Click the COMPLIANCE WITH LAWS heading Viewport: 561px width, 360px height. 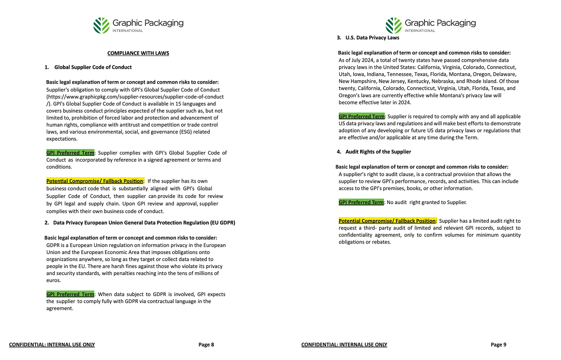pyautogui.click(x=138, y=53)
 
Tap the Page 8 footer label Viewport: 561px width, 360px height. pyautogui.click(x=206, y=345)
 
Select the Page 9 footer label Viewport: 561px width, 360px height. pyautogui.click(x=498, y=345)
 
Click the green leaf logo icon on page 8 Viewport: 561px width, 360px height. pyautogui.click(x=101, y=25)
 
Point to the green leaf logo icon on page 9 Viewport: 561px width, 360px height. pyautogui.click(x=393, y=25)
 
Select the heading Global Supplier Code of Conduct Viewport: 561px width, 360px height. pyautogui.click(x=93, y=67)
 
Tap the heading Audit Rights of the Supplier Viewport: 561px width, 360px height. pyautogui.click(x=378, y=152)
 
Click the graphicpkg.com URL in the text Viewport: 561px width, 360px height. pyautogui.click(x=135, y=96)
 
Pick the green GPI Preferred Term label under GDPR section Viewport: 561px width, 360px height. pyautogui.click(x=70, y=294)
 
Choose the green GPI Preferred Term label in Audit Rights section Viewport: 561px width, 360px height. pyautogui.click(x=361, y=202)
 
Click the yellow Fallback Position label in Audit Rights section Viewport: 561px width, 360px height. pyautogui.click(x=387, y=221)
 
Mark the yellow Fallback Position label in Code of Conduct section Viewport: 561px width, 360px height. pyautogui.click(x=95, y=181)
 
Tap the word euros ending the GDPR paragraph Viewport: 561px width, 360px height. pyautogui.click(x=53, y=280)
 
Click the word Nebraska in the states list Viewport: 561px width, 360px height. pyautogui.click(x=458, y=81)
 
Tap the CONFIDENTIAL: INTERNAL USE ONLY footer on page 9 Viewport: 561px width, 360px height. pyautogui.click(x=344, y=345)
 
